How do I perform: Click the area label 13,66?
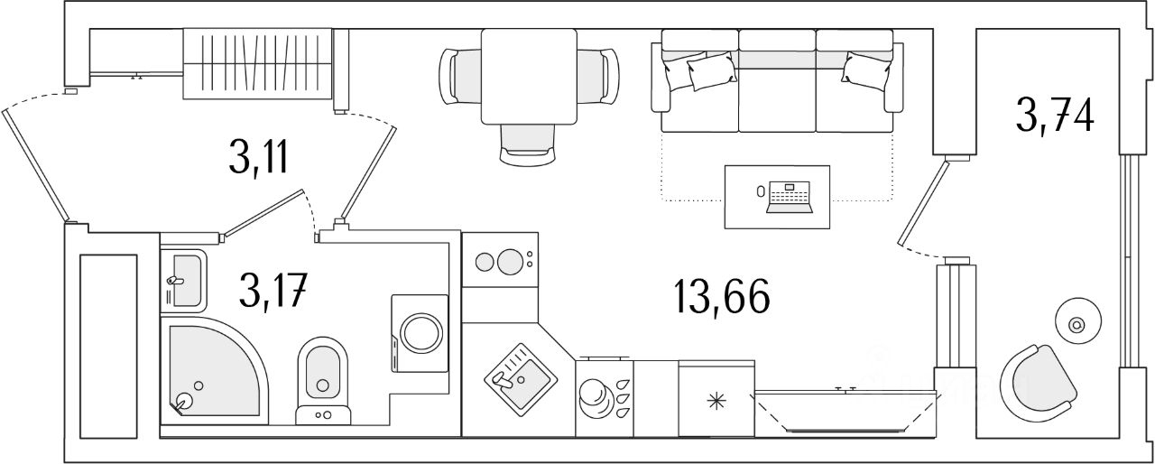[x=722, y=296]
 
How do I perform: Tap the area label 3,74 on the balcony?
[x=1055, y=116]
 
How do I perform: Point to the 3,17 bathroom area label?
[x=273, y=291]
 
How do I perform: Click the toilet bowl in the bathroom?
[x=323, y=380]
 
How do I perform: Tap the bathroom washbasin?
[x=183, y=281]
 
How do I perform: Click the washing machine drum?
[x=421, y=332]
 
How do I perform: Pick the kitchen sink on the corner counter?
[x=521, y=380]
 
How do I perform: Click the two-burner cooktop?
[x=500, y=260]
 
